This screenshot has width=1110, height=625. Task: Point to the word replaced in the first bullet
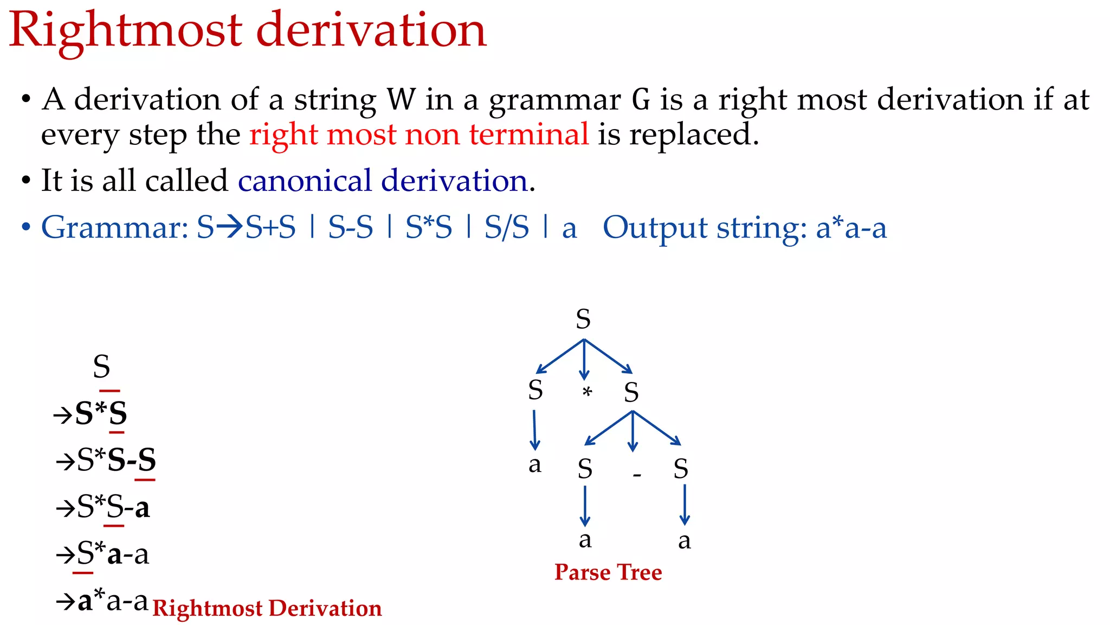pos(693,134)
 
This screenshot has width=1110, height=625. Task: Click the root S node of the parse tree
pos(583,319)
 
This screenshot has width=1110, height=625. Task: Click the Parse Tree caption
pos(608,572)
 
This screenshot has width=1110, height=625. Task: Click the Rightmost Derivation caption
pos(267,608)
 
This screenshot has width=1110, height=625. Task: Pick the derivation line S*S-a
pos(113,508)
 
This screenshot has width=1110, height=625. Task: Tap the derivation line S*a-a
pos(113,554)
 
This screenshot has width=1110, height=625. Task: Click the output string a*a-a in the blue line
pos(851,227)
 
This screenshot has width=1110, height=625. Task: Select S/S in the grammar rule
pos(506,227)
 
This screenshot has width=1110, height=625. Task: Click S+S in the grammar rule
pos(270,227)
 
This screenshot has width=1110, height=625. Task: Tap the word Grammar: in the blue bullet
pos(114,227)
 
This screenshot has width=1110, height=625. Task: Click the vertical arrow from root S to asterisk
pos(584,359)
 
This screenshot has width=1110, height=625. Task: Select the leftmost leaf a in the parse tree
pos(535,465)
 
